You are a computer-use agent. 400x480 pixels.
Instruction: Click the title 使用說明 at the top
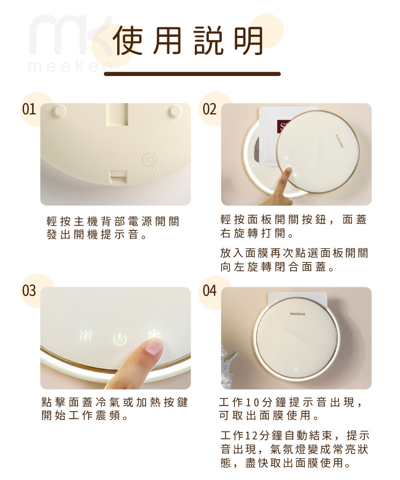point(188,41)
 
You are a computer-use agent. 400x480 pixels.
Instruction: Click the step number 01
point(29,109)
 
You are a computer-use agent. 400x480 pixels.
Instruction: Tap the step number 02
point(210,109)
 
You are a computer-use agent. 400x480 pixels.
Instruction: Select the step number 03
point(29,290)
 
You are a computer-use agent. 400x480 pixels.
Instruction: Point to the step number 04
point(210,290)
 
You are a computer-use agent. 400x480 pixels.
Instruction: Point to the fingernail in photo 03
point(154,347)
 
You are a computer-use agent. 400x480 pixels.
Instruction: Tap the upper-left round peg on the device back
point(59,110)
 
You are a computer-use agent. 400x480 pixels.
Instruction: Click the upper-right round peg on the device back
point(175,110)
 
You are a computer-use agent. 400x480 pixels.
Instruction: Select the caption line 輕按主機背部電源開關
point(113,221)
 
